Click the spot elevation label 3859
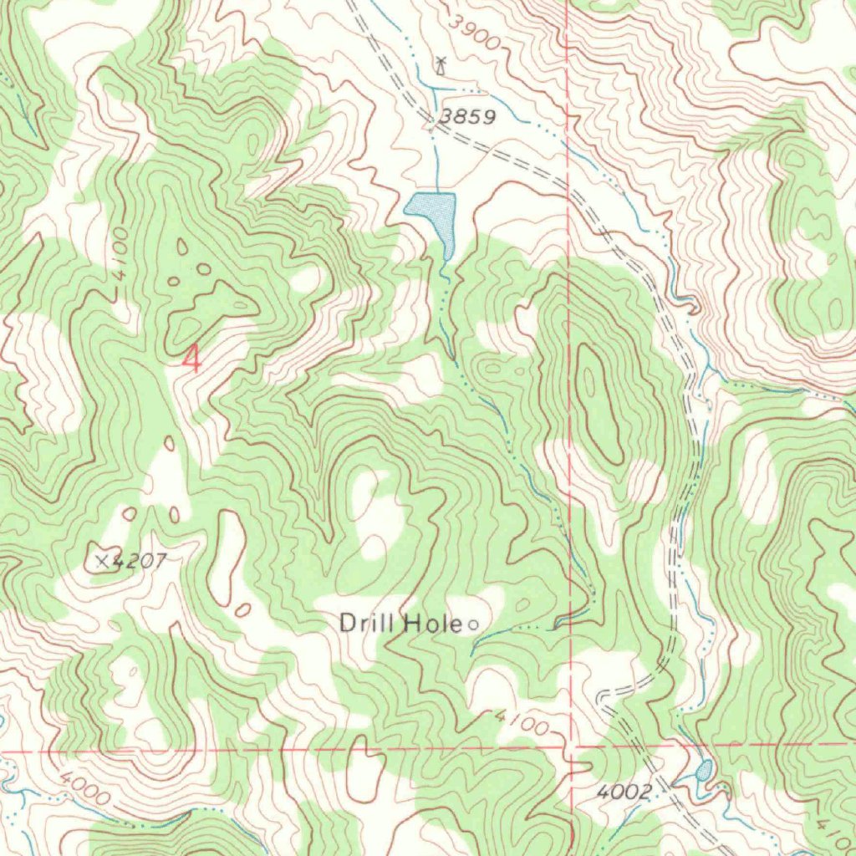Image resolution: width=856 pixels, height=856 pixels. pos(469,118)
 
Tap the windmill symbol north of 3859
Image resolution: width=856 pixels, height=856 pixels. pos(441,64)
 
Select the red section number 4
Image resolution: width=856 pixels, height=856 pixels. pos(192,359)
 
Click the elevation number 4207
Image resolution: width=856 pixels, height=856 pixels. pos(135,562)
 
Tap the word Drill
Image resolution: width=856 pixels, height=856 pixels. pos(368,623)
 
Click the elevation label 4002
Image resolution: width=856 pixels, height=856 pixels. pos(624,792)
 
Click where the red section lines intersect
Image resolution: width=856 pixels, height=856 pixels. pos(571,746)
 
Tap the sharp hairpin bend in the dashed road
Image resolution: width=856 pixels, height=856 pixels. pos(604,697)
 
